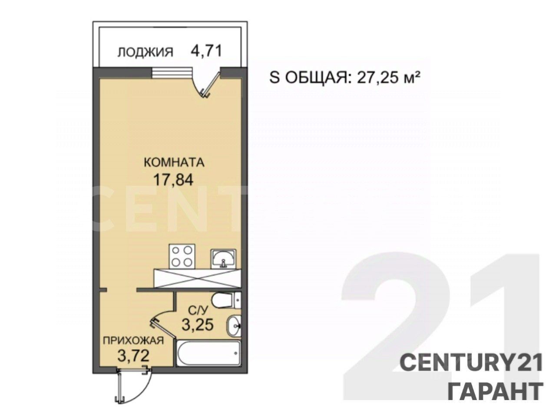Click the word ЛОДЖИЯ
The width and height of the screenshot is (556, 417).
(x=145, y=52)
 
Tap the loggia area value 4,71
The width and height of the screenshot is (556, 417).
(x=206, y=51)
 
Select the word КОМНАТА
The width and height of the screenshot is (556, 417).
(x=174, y=163)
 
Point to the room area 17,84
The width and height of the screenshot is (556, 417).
(x=173, y=179)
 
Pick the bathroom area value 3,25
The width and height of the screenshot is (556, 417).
(x=198, y=324)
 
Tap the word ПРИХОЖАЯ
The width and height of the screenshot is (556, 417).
(x=133, y=341)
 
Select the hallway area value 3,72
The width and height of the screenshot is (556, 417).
(x=134, y=357)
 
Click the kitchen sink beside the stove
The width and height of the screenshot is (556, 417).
(x=224, y=258)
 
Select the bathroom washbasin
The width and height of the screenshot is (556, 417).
(x=234, y=324)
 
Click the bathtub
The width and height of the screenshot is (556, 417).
(x=209, y=354)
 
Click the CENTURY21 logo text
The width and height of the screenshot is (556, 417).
(x=471, y=362)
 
